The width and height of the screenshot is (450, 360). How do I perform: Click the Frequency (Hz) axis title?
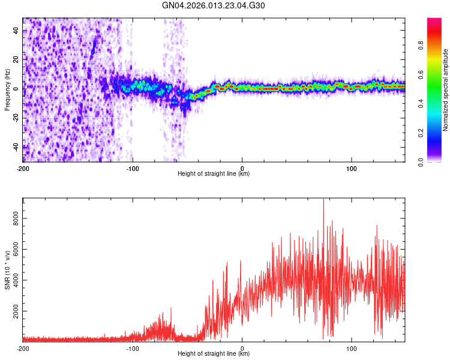tap(7, 90)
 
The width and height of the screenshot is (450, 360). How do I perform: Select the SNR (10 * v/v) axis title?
tap(7, 270)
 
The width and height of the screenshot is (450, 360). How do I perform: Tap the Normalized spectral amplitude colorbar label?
tap(446, 90)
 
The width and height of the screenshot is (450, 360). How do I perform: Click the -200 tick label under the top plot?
tap(23, 168)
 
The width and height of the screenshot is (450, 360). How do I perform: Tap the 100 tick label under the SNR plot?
tap(352, 348)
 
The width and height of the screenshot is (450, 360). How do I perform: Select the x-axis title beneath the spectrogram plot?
tap(214, 174)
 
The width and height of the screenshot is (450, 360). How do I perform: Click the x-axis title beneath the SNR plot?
tap(214, 354)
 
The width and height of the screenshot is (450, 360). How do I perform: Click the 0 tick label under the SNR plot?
tap(242, 348)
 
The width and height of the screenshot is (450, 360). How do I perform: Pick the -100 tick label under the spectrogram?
tap(133, 168)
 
